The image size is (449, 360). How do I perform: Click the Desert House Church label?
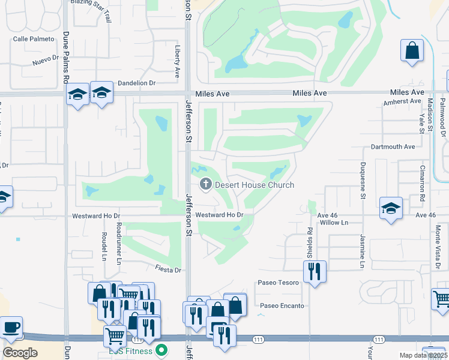point(255,185)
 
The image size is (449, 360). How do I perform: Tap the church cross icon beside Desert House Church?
point(205,184)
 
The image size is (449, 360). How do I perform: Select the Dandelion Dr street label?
point(137,83)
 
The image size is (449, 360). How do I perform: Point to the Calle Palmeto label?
point(34,39)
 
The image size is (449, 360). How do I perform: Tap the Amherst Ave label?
point(402,101)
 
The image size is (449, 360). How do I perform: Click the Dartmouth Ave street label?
point(393,146)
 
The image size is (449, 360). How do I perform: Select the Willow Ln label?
point(334,223)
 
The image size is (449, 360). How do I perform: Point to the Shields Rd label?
point(310,242)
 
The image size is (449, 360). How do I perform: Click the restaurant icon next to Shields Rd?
point(315,272)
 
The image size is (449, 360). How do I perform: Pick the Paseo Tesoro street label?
point(278,283)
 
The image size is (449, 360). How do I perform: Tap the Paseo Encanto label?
point(282,305)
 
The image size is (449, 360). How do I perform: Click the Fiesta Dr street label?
point(168,270)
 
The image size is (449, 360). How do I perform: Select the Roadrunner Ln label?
point(119,244)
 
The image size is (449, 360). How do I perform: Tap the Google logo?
point(20,353)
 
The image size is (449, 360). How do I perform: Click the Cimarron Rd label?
point(423,183)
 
